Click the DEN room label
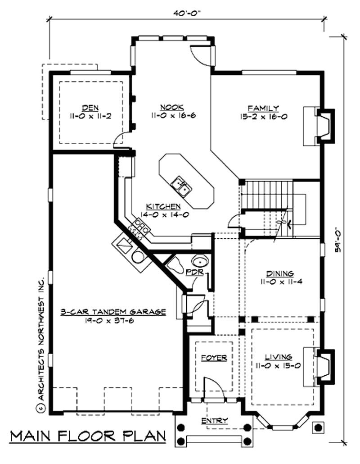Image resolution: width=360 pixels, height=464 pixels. (x=90, y=108)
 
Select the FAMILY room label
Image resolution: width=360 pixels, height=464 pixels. (x=263, y=108)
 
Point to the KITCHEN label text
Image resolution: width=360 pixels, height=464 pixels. (x=163, y=206)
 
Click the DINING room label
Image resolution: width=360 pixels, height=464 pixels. (x=280, y=273)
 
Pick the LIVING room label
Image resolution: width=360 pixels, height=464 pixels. (x=279, y=357)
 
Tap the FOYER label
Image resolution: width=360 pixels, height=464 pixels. (x=214, y=358)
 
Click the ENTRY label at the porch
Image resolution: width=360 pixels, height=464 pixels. (x=215, y=420)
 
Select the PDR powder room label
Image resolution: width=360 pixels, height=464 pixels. (x=195, y=272)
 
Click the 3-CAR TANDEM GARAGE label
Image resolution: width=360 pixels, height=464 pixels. (x=113, y=312)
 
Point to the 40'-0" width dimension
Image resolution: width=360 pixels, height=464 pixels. (x=188, y=14)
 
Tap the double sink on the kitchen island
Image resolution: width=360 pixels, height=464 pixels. (x=181, y=187)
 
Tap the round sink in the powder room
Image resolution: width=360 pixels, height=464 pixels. (x=200, y=261)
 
